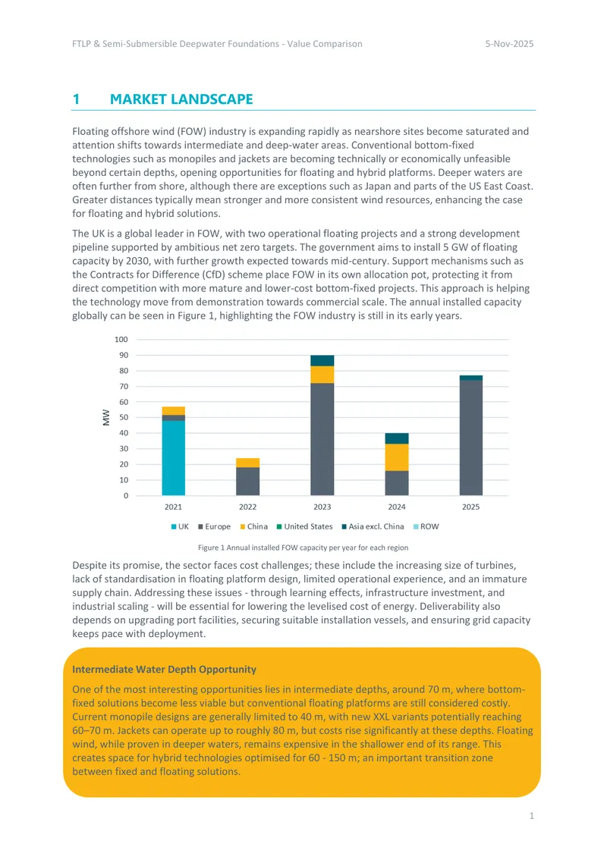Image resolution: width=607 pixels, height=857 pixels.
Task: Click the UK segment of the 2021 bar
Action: (x=173, y=458)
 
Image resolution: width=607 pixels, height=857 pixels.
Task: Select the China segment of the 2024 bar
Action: (x=397, y=457)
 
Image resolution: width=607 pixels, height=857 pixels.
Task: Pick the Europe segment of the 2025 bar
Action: (x=471, y=438)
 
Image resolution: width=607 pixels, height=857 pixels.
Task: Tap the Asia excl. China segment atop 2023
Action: (x=322, y=361)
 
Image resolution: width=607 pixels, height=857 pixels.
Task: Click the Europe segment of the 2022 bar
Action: (x=247, y=482)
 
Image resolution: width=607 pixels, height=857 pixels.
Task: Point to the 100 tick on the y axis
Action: (x=121, y=340)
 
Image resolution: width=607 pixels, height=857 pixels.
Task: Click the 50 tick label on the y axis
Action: (x=124, y=418)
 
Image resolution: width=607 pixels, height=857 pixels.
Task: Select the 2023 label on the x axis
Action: (x=322, y=507)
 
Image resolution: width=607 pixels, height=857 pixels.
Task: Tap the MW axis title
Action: (x=106, y=418)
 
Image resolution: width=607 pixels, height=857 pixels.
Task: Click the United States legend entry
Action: (x=304, y=526)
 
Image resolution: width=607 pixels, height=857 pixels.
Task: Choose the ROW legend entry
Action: (x=426, y=526)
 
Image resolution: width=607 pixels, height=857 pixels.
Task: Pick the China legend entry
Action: (x=253, y=526)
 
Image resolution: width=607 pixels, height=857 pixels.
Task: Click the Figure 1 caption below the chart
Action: (x=303, y=548)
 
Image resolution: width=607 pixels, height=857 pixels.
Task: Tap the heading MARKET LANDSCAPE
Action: (x=181, y=99)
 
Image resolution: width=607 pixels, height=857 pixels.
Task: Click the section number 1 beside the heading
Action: (x=76, y=99)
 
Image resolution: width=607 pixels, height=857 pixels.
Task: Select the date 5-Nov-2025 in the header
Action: (x=509, y=44)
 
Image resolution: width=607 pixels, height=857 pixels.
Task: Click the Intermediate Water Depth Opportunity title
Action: (x=164, y=670)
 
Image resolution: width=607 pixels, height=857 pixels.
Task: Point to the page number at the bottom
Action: (x=532, y=816)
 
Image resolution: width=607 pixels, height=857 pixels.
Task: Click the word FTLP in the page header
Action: (x=81, y=44)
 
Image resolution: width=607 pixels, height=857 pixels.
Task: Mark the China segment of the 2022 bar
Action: (x=247, y=463)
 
